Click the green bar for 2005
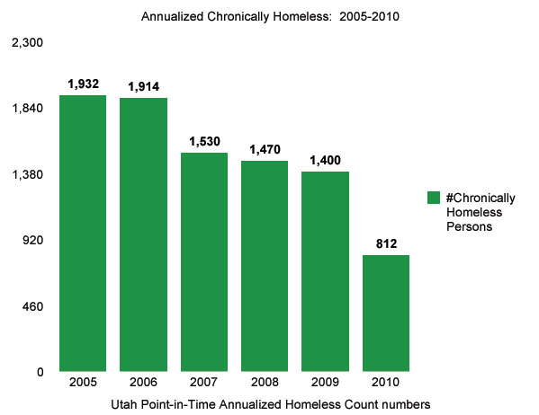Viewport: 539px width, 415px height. (83, 233)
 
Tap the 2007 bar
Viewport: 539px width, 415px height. (204, 261)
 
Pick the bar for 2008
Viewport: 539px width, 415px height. (265, 266)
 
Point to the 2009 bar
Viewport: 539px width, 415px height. (325, 270)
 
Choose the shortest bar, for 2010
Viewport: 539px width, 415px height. (385, 313)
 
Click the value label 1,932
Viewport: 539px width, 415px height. (83, 84)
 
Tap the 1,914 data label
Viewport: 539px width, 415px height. (144, 86)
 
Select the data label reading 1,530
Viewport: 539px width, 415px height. (204, 142)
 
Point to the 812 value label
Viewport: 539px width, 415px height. (387, 243)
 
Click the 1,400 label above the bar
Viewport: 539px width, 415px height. (326, 160)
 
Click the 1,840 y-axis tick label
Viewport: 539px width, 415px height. (28, 109)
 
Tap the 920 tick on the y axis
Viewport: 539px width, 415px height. (33, 241)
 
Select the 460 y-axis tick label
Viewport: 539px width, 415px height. (33, 306)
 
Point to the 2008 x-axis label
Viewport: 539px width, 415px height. (265, 382)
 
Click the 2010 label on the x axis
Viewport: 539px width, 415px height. (385, 382)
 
